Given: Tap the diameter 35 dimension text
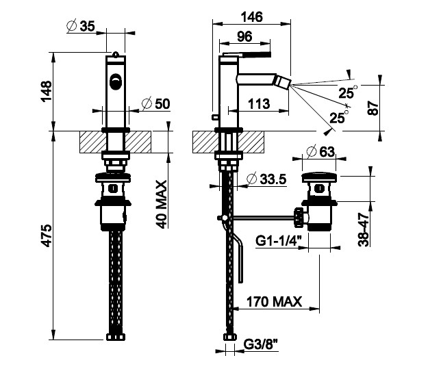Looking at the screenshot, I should click(81, 27).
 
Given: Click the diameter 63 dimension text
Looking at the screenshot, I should click(320, 151).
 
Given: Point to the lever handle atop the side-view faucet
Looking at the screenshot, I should click(247, 52).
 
